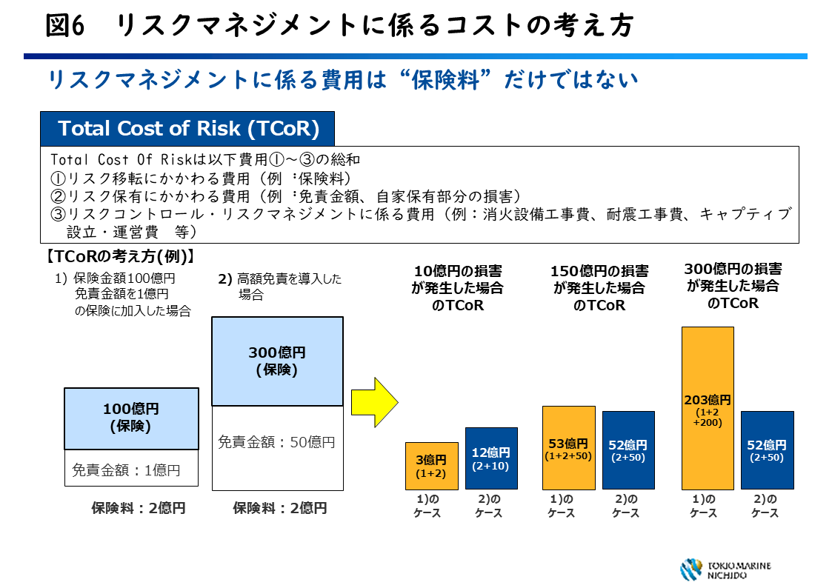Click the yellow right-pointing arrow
(x=374, y=402)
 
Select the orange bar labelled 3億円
(x=421, y=466)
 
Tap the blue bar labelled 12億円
(x=491, y=458)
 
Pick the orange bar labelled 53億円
(x=568, y=447)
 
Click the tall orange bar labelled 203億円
(x=707, y=407)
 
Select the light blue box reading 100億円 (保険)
(x=131, y=418)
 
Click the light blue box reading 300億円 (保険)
(x=277, y=361)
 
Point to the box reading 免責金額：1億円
(x=131, y=470)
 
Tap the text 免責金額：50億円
(x=276, y=442)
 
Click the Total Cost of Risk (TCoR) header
(x=188, y=128)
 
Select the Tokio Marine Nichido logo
(x=725, y=569)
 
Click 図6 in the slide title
(x=66, y=26)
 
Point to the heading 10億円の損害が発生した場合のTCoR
(x=457, y=288)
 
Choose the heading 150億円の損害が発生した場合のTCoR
(x=599, y=288)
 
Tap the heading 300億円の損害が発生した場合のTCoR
(x=732, y=286)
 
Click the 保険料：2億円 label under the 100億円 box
(x=138, y=508)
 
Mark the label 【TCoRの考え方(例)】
(x=119, y=256)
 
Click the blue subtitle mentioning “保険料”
(x=342, y=80)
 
